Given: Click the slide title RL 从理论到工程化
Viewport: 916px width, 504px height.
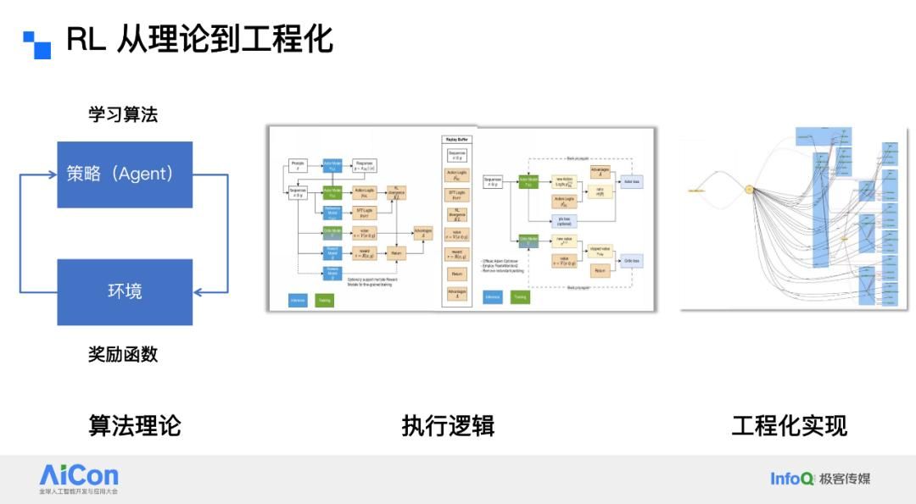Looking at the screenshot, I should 199,39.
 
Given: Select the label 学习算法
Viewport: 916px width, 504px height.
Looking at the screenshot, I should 123,114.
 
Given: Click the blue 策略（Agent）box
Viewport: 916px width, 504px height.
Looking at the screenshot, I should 125,174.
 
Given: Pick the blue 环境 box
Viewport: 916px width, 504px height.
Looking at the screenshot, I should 125,291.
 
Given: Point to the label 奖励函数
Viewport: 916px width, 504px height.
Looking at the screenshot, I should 123,354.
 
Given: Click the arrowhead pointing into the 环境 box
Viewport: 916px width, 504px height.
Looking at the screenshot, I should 198,292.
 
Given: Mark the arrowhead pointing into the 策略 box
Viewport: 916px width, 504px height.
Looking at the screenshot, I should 52,175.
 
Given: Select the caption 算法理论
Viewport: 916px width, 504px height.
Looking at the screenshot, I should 135,425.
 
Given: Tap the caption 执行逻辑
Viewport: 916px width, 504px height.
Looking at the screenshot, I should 448,425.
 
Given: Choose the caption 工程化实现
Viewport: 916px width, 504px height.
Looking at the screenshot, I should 789,425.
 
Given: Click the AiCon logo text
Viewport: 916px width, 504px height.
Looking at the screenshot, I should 79,474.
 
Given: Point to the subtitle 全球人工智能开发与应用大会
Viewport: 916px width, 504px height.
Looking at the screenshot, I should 79,491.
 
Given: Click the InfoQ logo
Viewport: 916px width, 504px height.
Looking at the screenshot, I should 791,479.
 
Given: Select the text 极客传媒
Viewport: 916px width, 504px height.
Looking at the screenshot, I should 845,479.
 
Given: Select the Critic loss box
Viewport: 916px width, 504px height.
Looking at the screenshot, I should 630,260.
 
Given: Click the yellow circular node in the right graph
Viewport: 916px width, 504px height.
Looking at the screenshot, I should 749,190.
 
